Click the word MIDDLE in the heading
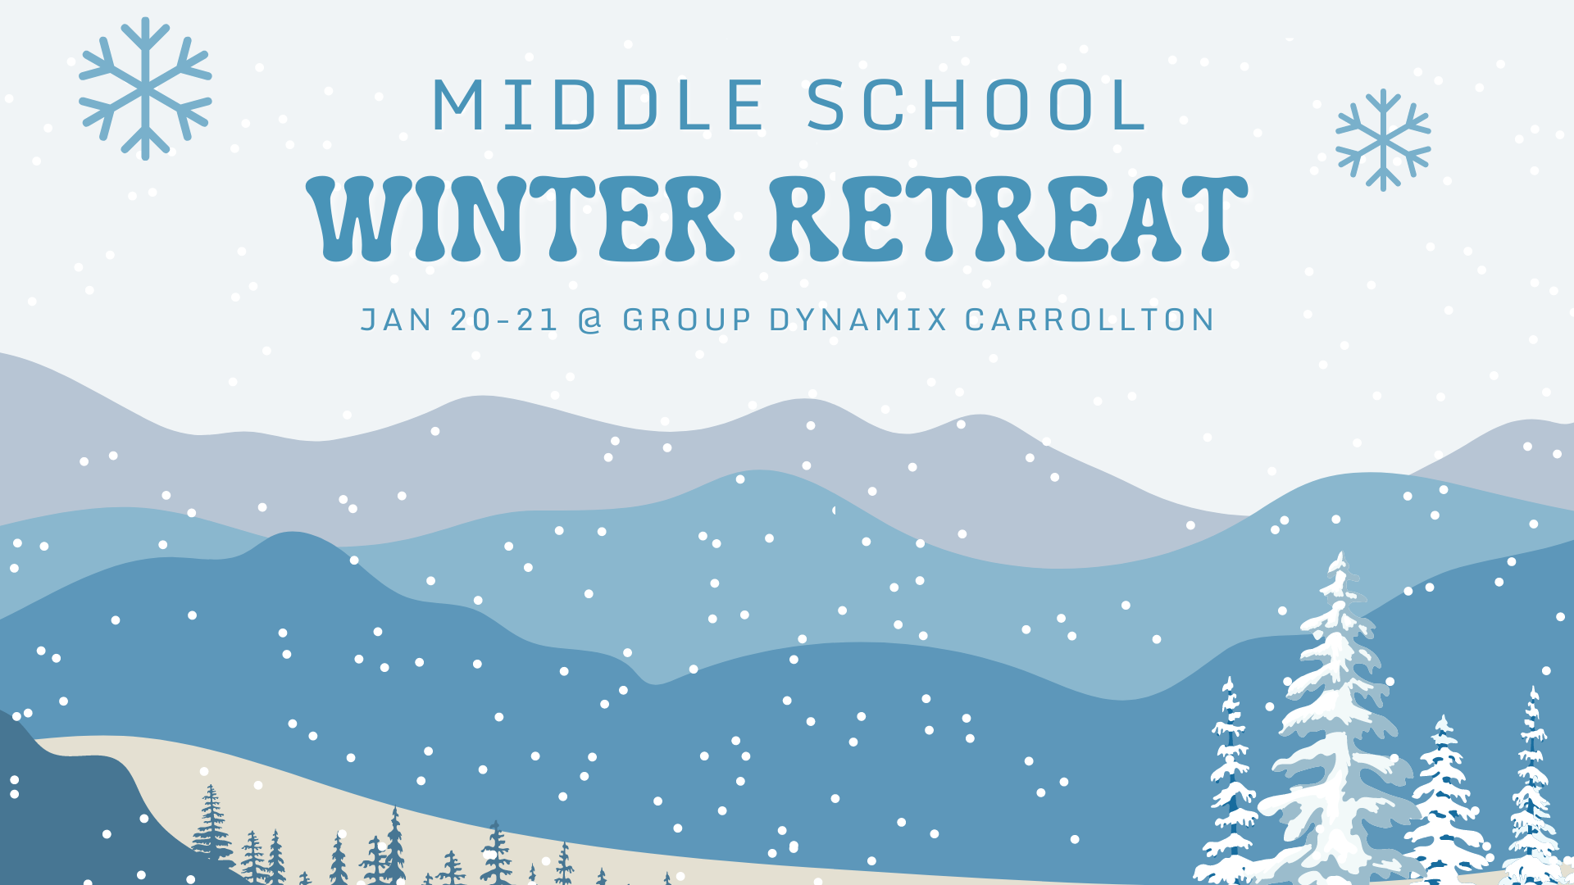(x=598, y=105)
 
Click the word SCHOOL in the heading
(x=976, y=105)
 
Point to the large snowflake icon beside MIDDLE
(x=145, y=88)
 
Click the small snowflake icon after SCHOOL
(x=1383, y=140)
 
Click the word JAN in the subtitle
(x=397, y=320)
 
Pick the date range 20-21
(x=504, y=320)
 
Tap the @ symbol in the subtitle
(x=590, y=320)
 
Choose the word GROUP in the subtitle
(x=687, y=320)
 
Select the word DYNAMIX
(x=858, y=320)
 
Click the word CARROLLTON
(x=1090, y=320)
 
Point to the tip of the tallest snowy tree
(x=1341, y=552)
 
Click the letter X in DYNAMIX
(x=935, y=320)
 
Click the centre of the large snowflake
(x=145, y=88)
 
